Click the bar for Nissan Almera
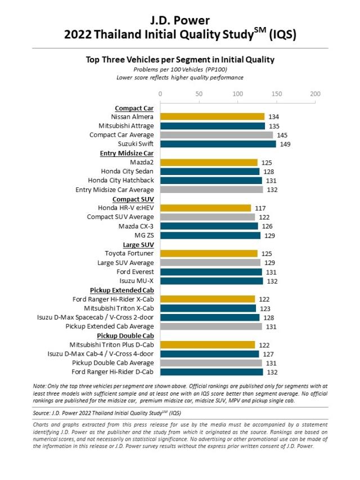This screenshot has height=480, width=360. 212,116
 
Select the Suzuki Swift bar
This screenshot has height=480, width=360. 218,144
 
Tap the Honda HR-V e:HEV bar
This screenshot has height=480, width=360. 205,208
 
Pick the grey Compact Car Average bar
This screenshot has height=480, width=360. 216,135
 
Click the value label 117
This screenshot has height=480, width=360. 260,208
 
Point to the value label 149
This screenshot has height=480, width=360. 286,144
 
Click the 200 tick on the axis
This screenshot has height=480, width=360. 315,93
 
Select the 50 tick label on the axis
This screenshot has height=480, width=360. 199,93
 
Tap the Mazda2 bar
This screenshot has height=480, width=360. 209,162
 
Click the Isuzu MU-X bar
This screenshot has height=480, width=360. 211,281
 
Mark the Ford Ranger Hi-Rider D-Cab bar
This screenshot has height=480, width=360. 211,372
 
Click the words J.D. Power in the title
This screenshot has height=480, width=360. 179,20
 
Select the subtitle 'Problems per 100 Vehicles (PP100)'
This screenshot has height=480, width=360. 179,69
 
